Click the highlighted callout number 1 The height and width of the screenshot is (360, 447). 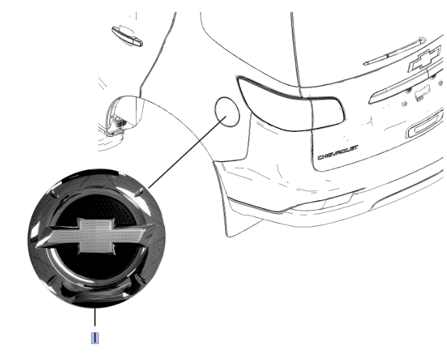pos(95,338)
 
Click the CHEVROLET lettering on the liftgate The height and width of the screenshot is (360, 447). pos(338,153)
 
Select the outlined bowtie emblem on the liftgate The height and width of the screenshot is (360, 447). pos(425,59)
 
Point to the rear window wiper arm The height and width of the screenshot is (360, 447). pos(394,50)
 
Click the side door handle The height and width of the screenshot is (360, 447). pos(127,36)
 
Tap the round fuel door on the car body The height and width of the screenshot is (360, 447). pos(227,111)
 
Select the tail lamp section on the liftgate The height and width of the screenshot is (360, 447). pos(327,113)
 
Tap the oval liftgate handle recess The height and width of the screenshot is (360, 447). pos(426,125)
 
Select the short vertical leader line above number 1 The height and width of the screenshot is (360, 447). pos(95,317)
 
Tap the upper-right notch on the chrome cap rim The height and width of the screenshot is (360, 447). pos(139,193)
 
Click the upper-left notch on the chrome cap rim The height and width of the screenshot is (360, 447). pos(54,194)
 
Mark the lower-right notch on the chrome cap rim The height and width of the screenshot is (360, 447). pos(140,278)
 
